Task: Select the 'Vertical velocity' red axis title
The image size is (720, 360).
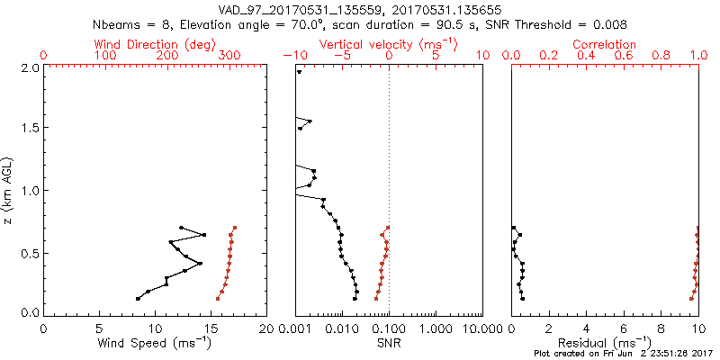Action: (x=388, y=43)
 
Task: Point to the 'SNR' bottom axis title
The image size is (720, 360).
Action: (x=389, y=343)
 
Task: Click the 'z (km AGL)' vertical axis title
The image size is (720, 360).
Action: (x=8, y=190)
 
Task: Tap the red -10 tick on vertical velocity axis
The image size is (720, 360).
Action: (x=294, y=56)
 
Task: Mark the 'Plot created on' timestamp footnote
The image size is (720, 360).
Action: (x=621, y=355)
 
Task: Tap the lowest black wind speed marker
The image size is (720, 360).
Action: (x=138, y=298)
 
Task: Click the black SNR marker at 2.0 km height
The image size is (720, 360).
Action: (x=299, y=72)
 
